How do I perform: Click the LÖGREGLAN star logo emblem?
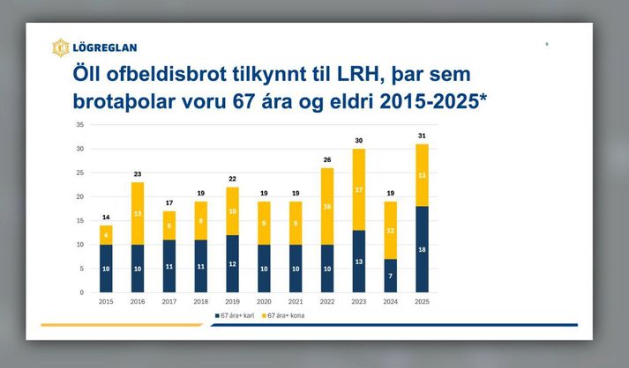tap(60, 48)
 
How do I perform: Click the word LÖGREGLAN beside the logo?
tap(104, 48)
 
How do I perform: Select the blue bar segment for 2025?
tap(421, 249)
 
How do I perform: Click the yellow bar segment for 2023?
tap(358, 189)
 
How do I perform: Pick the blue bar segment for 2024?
tap(389, 276)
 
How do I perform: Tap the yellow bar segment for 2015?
tap(106, 235)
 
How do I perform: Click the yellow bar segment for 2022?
tap(326, 206)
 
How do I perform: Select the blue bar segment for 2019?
tap(232, 264)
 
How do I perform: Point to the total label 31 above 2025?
tap(421, 136)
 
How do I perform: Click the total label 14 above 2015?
tap(106, 217)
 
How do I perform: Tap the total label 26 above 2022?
tap(326, 160)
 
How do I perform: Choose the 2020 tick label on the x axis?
tap(264, 301)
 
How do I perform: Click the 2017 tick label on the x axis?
tap(169, 301)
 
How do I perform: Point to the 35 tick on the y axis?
tap(79, 125)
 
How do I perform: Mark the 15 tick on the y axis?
tap(79, 221)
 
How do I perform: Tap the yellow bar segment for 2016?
tap(138, 213)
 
